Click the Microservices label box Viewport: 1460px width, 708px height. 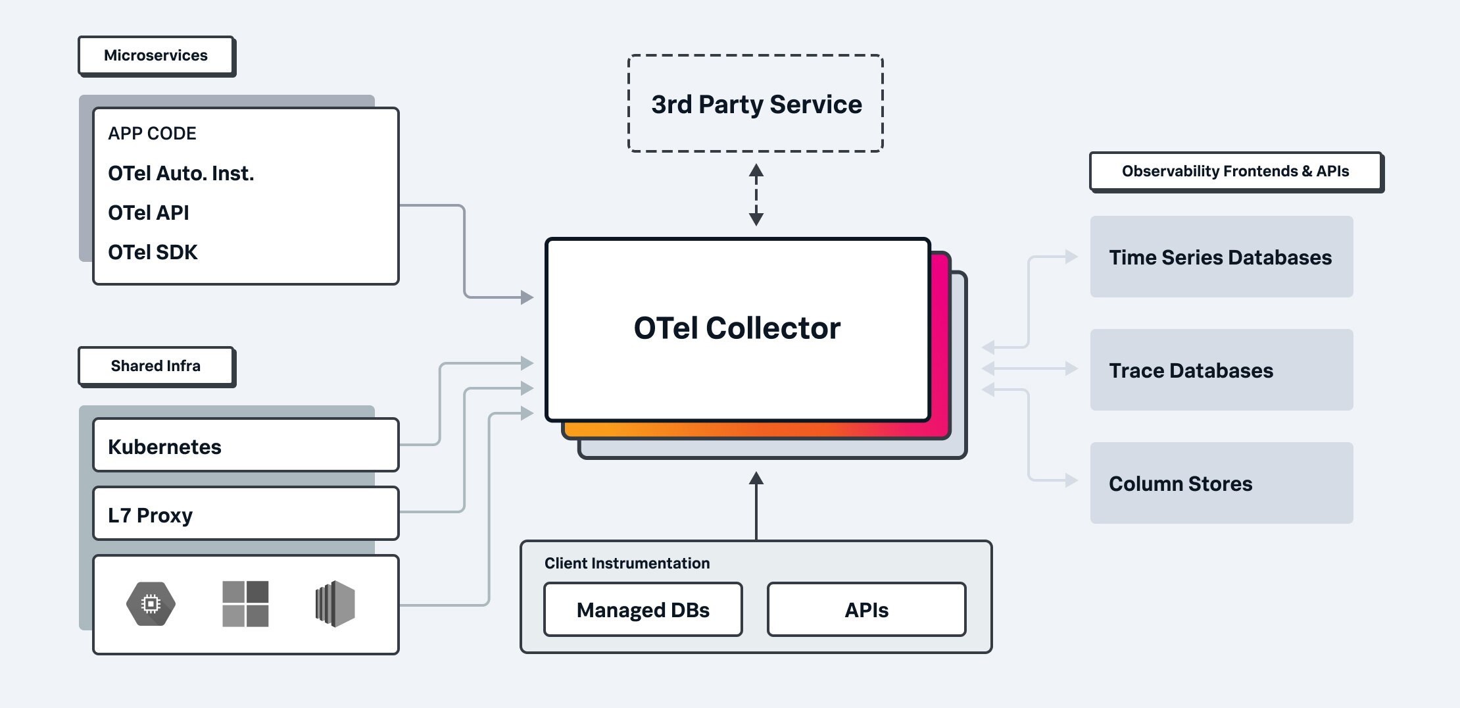pyautogui.click(x=156, y=55)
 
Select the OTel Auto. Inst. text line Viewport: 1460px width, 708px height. pyautogui.click(x=181, y=174)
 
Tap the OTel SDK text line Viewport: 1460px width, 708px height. pyautogui.click(x=153, y=253)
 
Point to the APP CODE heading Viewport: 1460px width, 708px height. pyautogui.click(x=152, y=134)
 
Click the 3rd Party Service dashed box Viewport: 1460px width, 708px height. pyautogui.click(x=756, y=104)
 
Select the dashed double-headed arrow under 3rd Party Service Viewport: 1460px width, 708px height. pyautogui.click(x=756, y=195)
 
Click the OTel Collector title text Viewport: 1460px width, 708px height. pyautogui.click(x=737, y=328)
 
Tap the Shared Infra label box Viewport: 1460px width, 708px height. pyautogui.click(x=156, y=366)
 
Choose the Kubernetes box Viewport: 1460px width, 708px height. pyautogui.click(x=245, y=445)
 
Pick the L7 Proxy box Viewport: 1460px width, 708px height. pyautogui.click(x=245, y=514)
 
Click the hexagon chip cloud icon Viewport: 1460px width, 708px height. pyautogui.click(x=151, y=603)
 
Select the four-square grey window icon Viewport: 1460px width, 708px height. pyautogui.click(x=245, y=603)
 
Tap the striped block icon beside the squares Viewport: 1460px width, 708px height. pyautogui.click(x=335, y=603)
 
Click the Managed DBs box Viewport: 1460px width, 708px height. pyautogui.click(x=643, y=610)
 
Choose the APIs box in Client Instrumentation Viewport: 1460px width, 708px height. pyautogui.click(x=866, y=610)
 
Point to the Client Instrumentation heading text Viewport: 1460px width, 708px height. pyautogui.click(x=627, y=563)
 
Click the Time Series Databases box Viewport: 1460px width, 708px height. pyautogui.click(x=1221, y=257)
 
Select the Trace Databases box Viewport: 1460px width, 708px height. pyautogui.click(x=1221, y=370)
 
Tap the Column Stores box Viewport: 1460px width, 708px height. pyautogui.click(x=1221, y=484)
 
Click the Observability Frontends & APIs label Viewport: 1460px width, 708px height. pyautogui.click(x=1235, y=172)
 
